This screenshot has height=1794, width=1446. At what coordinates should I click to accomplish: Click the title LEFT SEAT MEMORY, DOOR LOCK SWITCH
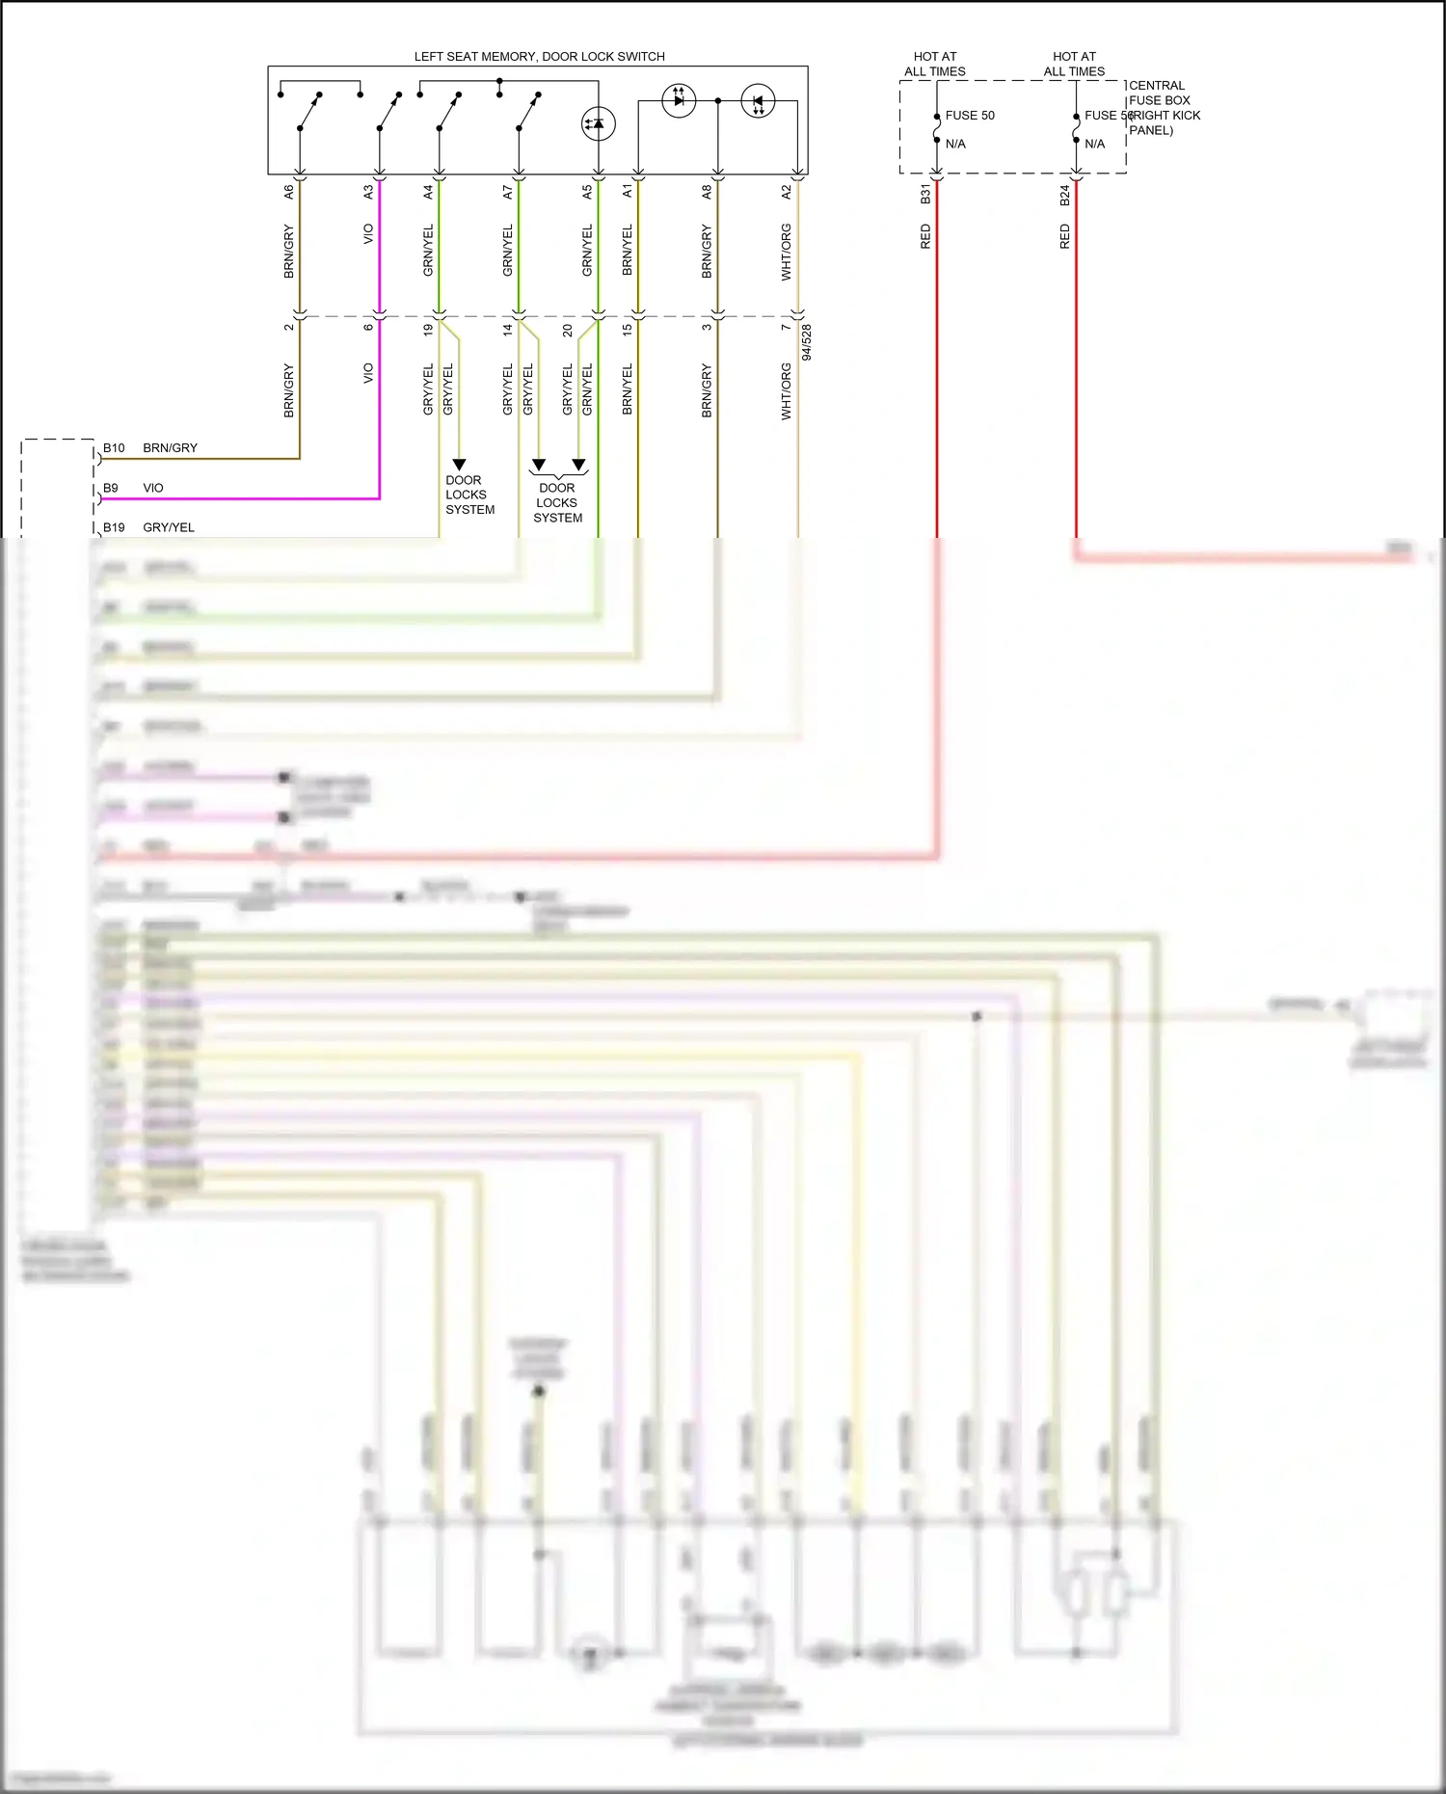pyautogui.click(x=539, y=57)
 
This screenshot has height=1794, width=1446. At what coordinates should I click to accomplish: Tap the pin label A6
pyautogui.click(x=288, y=192)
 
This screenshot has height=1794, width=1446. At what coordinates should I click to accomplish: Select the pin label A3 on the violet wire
pyautogui.click(x=368, y=192)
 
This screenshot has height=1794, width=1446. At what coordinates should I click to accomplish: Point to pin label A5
pyautogui.click(x=587, y=192)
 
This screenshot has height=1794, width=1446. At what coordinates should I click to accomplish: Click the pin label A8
pyautogui.click(x=707, y=192)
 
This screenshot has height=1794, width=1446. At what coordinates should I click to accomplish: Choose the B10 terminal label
pyautogui.click(x=114, y=448)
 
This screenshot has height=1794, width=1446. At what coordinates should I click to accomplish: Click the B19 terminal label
pyautogui.click(x=114, y=528)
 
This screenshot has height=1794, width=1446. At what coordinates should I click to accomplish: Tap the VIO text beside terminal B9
pyautogui.click(x=153, y=488)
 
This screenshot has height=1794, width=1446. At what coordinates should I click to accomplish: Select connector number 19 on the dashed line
pyautogui.click(x=428, y=329)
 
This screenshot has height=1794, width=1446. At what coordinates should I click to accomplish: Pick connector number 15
pyautogui.click(x=628, y=329)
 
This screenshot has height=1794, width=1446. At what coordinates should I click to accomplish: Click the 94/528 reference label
pyautogui.click(x=807, y=342)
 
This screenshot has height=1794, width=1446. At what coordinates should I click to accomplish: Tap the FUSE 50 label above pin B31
pyautogui.click(x=970, y=116)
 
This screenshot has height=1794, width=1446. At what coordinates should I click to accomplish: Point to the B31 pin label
pyautogui.click(x=925, y=194)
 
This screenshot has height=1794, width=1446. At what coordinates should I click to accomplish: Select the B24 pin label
pyautogui.click(x=1065, y=195)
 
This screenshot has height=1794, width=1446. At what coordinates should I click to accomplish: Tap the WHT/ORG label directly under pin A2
pyautogui.click(x=787, y=253)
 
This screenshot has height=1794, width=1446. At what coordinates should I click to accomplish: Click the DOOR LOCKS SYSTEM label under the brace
pyautogui.click(x=557, y=503)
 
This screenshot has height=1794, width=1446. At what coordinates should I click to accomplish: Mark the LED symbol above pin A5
pyautogui.click(x=598, y=123)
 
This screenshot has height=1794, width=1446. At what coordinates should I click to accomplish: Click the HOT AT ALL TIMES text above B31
pyautogui.click(x=935, y=64)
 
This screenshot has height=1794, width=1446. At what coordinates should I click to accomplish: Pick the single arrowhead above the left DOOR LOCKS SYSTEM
pyautogui.click(x=459, y=465)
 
